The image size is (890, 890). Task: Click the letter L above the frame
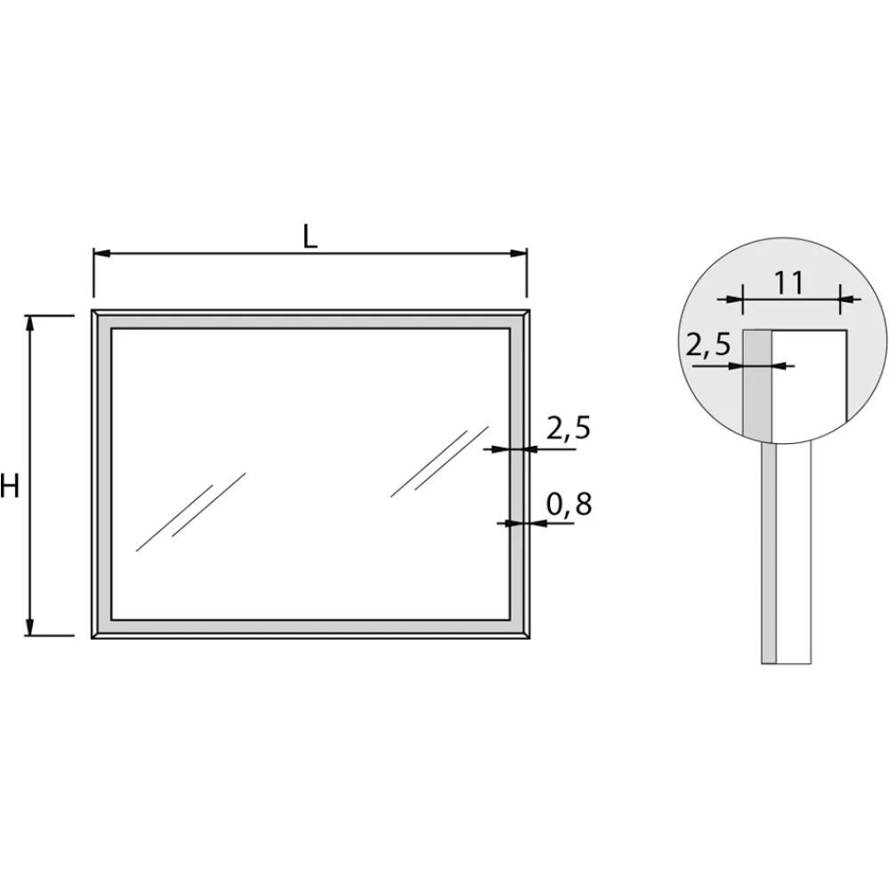pos(310,238)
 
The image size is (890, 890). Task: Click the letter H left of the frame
pos(10,487)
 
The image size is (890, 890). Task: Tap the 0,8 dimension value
pos(569,504)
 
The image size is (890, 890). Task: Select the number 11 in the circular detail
pos(789,283)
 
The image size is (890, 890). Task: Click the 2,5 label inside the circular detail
pos(708,344)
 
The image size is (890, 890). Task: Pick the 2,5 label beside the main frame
pos(568,428)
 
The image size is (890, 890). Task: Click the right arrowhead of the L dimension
pos(519,253)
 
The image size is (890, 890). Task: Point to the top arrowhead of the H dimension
pos(30,324)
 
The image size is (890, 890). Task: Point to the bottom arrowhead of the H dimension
pos(30,627)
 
